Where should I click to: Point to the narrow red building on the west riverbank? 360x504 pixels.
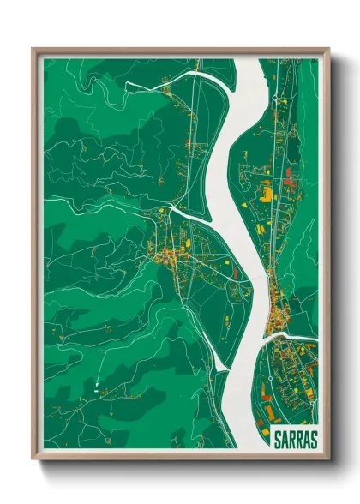coord(233,269)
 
